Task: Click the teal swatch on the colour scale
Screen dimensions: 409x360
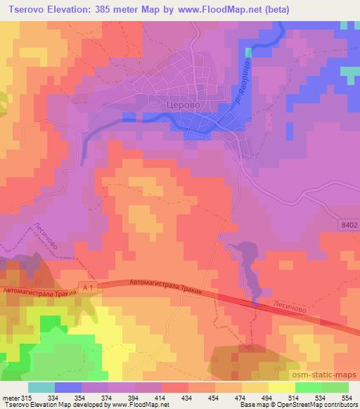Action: (x=41, y=387)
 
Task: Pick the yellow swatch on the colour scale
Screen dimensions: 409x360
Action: (x=282, y=387)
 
